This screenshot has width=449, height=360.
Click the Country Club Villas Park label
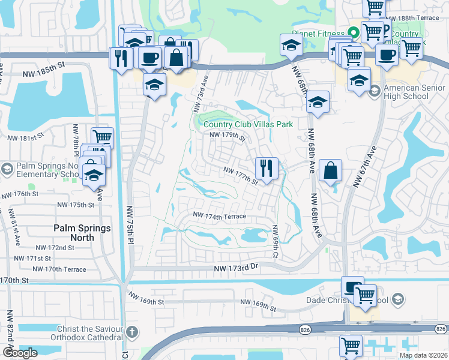click(247, 124)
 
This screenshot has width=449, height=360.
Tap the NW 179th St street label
click(228, 136)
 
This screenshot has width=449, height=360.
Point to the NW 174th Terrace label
click(220, 215)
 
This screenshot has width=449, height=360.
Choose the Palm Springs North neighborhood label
click(82, 233)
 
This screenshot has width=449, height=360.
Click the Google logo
click(20, 353)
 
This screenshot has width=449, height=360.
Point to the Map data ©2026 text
click(423, 355)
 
